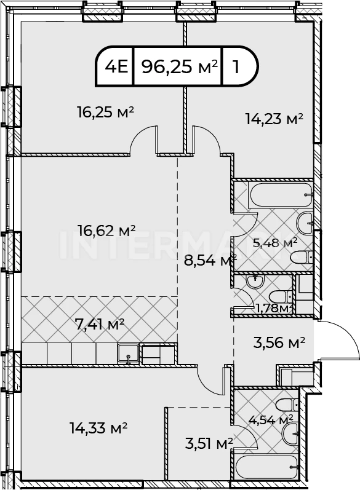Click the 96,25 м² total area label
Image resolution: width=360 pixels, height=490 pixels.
[x=180, y=66]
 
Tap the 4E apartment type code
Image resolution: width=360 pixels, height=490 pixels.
[x=117, y=66]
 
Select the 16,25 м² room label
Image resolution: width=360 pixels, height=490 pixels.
[x=106, y=113]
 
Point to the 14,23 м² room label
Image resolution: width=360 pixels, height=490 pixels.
[x=274, y=119]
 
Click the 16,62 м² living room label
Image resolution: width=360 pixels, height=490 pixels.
[x=106, y=231]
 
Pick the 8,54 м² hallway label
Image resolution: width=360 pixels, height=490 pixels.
[x=210, y=260]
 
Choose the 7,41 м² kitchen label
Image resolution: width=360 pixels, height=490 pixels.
[x=100, y=325]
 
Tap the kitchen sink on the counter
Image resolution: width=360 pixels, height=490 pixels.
[x=129, y=354]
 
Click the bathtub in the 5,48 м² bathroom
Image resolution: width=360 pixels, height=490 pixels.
[x=280, y=194]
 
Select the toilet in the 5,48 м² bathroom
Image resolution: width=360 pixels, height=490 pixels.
[x=301, y=258]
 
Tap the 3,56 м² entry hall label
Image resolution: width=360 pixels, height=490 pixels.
[x=279, y=343]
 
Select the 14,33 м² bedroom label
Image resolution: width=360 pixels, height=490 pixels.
[x=98, y=428]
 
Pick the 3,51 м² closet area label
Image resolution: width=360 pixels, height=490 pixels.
[x=209, y=444]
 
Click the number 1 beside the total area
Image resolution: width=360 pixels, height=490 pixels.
[x=236, y=66]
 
